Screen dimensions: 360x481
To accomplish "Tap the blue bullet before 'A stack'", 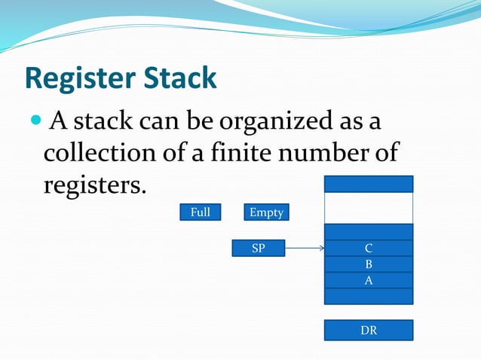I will click(37, 121).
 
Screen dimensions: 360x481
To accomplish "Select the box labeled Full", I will click(200, 212).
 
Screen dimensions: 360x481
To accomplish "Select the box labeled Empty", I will click(266, 212).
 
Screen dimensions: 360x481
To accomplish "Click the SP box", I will click(258, 248).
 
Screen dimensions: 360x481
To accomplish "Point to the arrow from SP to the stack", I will click(305, 248).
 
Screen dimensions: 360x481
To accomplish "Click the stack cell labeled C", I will click(369, 248).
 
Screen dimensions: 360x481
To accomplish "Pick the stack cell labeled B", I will click(369, 264).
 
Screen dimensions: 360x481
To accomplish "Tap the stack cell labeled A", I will click(369, 280).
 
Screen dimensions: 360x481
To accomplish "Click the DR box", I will click(369, 330).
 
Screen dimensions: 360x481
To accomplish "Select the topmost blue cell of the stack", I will click(369, 184).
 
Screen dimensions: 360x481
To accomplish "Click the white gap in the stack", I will click(369, 208).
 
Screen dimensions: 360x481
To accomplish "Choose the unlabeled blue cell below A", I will click(369, 296).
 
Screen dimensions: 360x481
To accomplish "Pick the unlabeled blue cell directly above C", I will click(369, 231).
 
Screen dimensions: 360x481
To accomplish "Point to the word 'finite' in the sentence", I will click(242, 153).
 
